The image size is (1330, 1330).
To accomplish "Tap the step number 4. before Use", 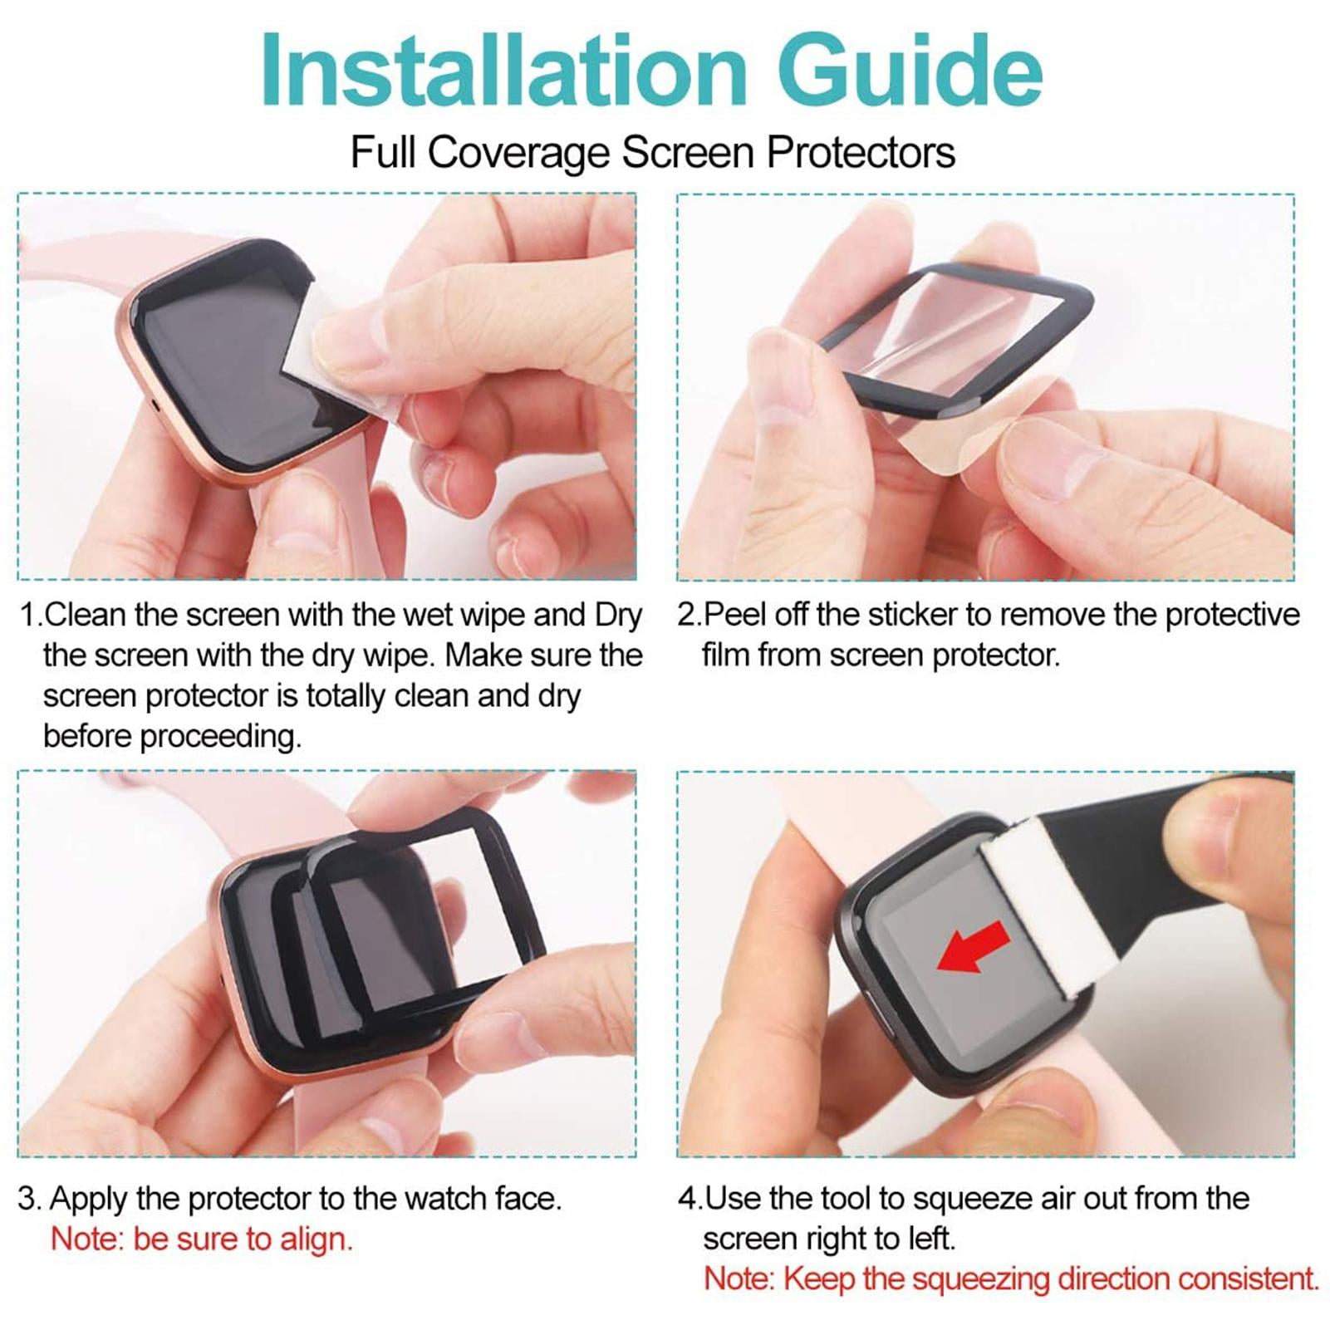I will point(690,1199).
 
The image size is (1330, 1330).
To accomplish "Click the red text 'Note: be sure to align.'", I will point(202,1239).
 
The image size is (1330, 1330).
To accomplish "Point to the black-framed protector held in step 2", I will point(955,332).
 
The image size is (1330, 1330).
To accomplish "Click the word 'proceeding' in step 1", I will point(220,737).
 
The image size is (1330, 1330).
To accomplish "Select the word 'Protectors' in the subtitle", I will point(861,153).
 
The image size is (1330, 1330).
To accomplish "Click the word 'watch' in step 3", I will point(444,1199).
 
